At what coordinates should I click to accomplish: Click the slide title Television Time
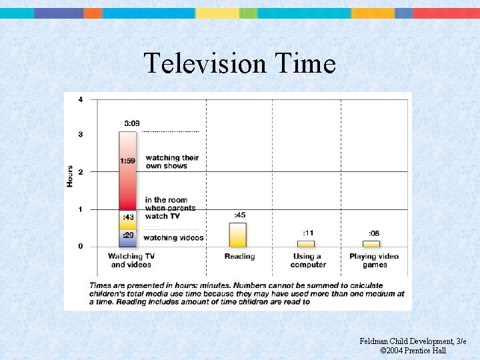click(x=239, y=64)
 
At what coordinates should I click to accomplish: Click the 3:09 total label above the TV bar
click(x=132, y=123)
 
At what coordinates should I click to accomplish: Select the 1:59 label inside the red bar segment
click(x=129, y=161)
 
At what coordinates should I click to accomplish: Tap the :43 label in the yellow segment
click(x=128, y=218)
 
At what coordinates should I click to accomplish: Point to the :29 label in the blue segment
click(x=128, y=235)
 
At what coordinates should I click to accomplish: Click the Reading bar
click(x=238, y=235)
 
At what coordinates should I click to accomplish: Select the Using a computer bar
click(x=306, y=243)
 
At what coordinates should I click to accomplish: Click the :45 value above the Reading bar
click(x=239, y=215)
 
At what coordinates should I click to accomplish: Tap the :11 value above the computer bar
click(x=308, y=233)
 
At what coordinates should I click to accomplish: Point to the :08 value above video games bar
click(x=374, y=233)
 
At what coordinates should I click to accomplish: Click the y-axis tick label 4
click(x=81, y=100)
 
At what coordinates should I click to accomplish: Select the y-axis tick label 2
click(x=81, y=172)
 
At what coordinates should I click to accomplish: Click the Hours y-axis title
click(x=70, y=175)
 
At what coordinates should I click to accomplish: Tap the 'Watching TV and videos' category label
click(x=131, y=261)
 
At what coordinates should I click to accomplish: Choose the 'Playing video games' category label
click(x=374, y=261)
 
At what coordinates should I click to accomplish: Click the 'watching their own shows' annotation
click(x=172, y=162)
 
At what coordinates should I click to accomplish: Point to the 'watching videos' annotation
click(x=174, y=238)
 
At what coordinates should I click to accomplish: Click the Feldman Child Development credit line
click(x=413, y=341)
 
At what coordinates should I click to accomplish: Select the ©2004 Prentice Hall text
click(x=413, y=351)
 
